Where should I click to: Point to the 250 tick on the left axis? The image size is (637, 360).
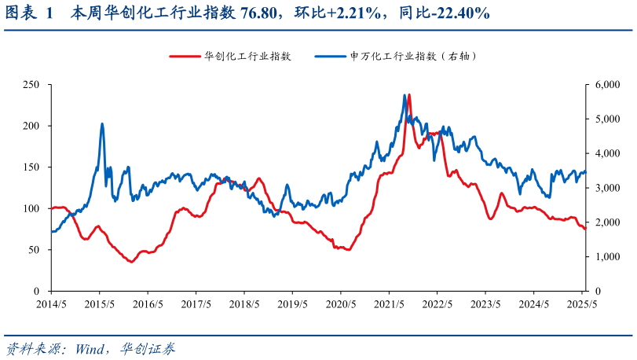(31, 84)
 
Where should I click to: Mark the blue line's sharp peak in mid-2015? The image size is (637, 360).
(102, 123)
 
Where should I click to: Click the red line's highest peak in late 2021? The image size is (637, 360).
(408, 95)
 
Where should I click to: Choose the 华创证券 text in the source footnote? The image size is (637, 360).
(148, 347)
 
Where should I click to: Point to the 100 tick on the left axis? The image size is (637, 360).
(31, 208)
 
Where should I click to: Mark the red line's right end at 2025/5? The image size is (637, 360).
(584, 228)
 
